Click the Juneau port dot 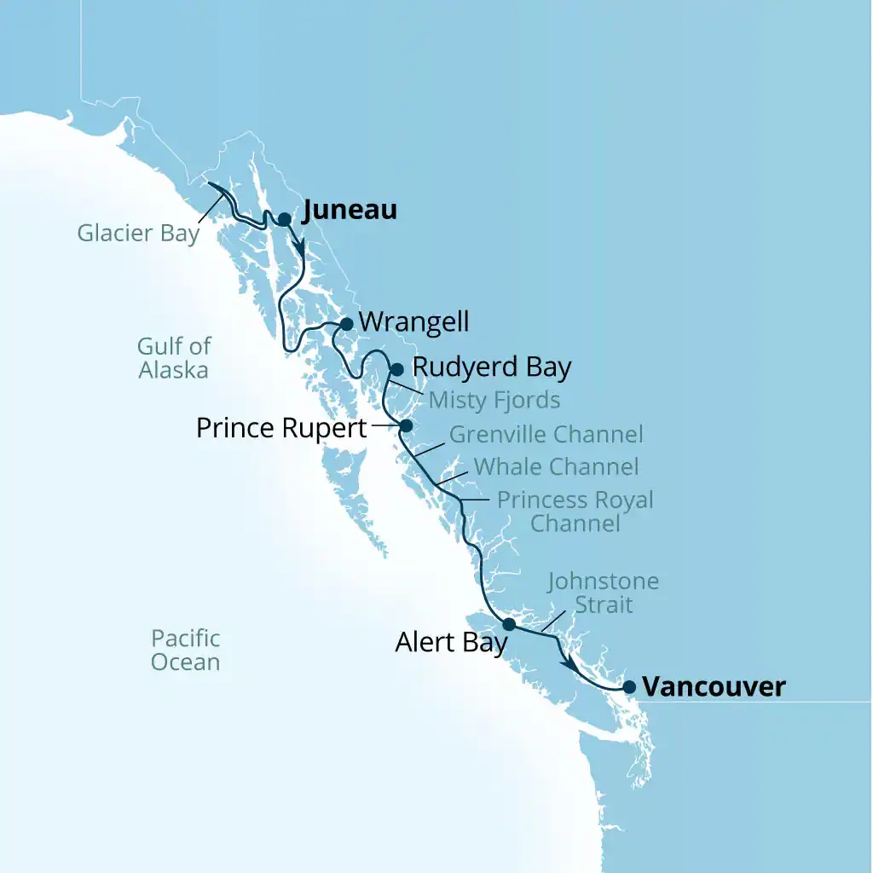[x=284, y=219]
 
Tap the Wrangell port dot [x=346, y=324]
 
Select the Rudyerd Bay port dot [x=396, y=369]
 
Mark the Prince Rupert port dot [x=406, y=425]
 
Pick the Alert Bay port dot [x=509, y=624]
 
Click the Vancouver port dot [x=629, y=686]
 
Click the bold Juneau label [x=350, y=211]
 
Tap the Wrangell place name [x=413, y=322]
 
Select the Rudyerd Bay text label [x=491, y=367]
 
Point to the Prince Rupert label [x=281, y=427]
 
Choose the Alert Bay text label [x=451, y=643]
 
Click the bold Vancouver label [x=714, y=686]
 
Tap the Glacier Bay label [x=138, y=233]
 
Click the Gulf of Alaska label [x=173, y=358]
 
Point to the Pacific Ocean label [x=185, y=650]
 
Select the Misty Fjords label [x=494, y=399]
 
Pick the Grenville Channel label [x=546, y=434]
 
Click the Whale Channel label [x=556, y=466]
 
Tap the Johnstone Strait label [x=604, y=593]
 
